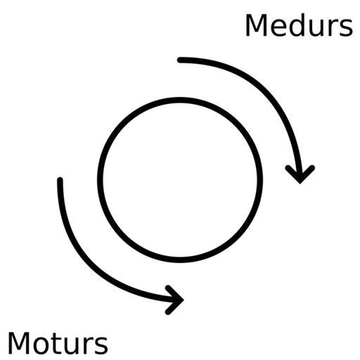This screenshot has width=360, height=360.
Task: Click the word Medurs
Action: [299, 25]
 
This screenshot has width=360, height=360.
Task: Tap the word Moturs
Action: [58, 343]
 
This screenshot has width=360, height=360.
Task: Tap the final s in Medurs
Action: [346, 28]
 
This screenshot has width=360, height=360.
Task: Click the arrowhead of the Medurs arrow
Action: [300, 181]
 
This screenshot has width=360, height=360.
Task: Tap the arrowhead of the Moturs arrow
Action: [182, 300]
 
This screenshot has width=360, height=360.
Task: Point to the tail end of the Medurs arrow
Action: [180, 60]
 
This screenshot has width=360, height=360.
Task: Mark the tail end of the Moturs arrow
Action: [60, 180]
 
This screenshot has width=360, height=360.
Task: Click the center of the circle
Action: [180, 180]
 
